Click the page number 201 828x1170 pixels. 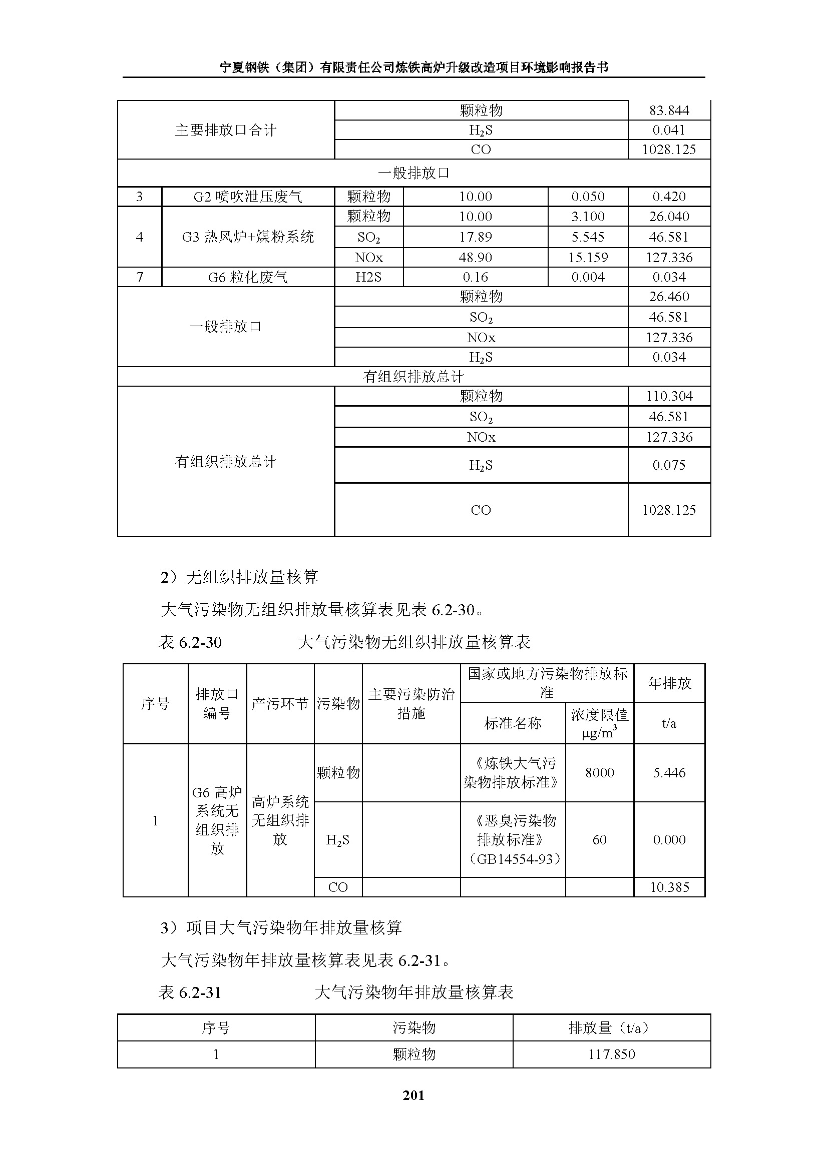413,1095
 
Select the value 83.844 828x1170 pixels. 669,111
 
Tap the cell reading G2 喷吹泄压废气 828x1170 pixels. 248,197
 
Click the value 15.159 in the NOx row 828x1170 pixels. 588,257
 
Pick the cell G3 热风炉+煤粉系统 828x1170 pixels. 248,237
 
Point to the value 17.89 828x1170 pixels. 475,237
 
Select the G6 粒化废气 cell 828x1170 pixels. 248,277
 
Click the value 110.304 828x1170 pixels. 669,396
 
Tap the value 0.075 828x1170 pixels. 669,465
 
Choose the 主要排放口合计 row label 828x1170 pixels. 225,130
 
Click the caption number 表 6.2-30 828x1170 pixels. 190,642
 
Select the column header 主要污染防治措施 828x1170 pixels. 411,703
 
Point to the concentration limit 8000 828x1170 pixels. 599,772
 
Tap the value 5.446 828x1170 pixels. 669,772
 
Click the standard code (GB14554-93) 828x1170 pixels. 513,859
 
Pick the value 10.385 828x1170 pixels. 669,887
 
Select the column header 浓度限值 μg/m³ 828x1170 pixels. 599,723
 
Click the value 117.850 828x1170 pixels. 611,1054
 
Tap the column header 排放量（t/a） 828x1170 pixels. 611,1028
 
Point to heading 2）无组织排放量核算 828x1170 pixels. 239,577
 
